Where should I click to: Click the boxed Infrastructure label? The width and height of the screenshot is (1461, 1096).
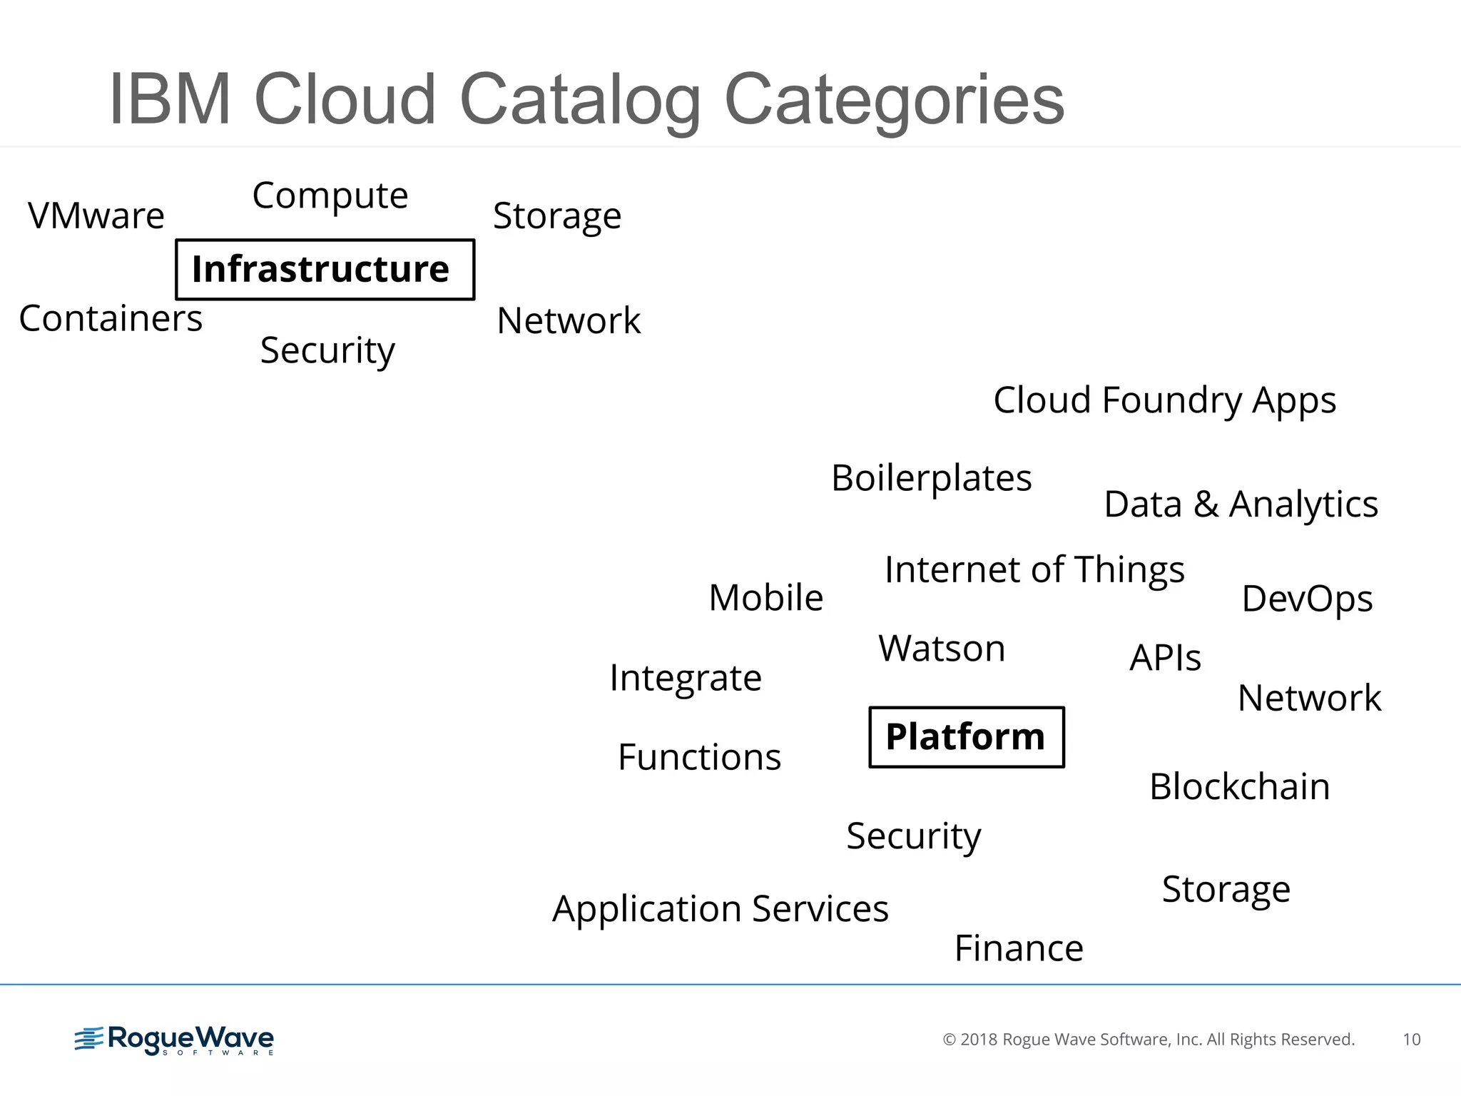325,270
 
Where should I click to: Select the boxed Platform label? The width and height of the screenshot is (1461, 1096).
966,737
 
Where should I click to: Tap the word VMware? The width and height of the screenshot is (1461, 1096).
96,215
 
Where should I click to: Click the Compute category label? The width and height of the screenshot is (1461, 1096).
330,196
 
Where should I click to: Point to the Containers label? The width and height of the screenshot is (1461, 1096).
111,318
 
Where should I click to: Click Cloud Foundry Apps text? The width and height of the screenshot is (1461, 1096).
1164,400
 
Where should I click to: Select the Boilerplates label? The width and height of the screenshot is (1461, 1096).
931,478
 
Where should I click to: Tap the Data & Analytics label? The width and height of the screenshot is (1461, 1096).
1241,504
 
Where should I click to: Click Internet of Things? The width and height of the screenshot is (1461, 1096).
1034,570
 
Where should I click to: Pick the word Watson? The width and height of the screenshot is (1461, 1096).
942,649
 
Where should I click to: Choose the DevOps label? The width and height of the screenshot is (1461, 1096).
1307,599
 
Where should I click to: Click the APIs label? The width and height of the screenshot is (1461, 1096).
1165,658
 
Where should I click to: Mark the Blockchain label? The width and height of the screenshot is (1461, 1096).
1239,786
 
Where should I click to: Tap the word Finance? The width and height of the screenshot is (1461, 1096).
1019,948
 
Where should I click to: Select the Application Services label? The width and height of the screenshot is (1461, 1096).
721,909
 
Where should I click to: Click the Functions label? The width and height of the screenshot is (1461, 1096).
699,757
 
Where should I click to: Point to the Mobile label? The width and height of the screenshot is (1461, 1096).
765,597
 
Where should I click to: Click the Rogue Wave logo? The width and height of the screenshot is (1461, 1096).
175,1040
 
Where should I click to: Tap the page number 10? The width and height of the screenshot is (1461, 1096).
1411,1040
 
